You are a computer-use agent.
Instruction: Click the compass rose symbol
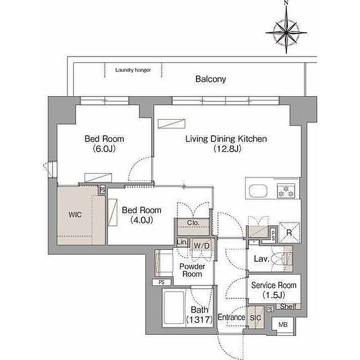[x=286, y=32]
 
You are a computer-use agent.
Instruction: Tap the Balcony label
[x=210, y=79]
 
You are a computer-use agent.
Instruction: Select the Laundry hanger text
[x=133, y=70]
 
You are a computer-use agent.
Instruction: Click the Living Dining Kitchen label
[x=226, y=139]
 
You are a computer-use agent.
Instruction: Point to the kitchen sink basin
[x=258, y=191]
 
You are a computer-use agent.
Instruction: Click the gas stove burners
[x=286, y=191]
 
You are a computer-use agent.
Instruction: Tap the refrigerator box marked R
[x=289, y=232]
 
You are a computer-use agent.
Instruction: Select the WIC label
[x=75, y=214]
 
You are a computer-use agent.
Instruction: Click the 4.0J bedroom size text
[x=141, y=220]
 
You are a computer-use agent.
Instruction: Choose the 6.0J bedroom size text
[x=104, y=149]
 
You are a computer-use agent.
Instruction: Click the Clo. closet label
[x=193, y=223]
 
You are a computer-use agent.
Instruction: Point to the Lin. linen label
[x=182, y=242]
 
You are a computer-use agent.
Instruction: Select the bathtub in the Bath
[x=174, y=308]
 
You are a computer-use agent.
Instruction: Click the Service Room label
[x=274, y=285]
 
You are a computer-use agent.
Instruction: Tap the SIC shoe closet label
[x=255, y=318]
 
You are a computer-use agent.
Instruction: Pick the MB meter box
[x=283, y=325]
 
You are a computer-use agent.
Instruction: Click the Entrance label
[x=231, y=317]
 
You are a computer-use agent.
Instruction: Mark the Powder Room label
[x=192, y=270]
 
